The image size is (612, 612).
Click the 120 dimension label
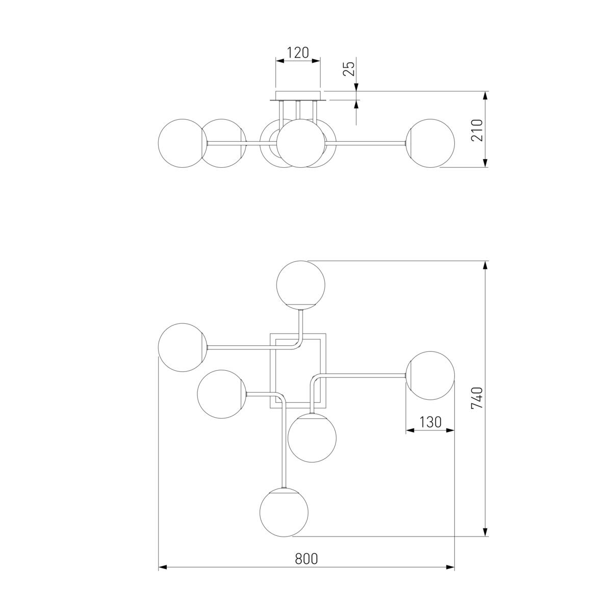pos(297,53)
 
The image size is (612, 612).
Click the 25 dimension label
pos(349,69)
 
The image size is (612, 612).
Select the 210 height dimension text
pos(477,130)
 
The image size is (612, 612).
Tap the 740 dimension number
pos(477,398)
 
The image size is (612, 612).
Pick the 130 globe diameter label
pos(430,422)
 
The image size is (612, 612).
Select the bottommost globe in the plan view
pos(284,512)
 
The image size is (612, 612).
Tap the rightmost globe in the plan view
pos(430,375)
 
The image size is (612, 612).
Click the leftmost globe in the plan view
pos(182,347)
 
